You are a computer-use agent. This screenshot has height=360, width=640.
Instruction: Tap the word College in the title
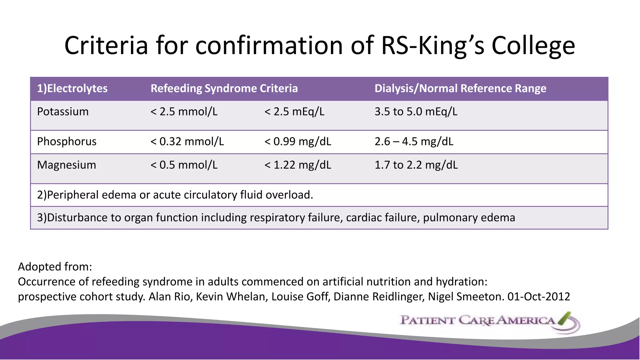pos(533,46)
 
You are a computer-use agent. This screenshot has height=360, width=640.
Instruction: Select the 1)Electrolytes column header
pos(72,88)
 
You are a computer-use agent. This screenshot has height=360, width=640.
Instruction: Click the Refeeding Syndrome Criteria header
pos(224,88)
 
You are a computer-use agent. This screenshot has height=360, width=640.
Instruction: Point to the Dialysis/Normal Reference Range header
pos(460,88)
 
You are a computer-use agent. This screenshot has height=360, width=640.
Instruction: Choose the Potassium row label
pos(63,112)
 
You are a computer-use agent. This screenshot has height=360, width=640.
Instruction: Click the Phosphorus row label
pos(67,142)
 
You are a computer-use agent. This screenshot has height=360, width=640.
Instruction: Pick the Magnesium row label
pos(67,165)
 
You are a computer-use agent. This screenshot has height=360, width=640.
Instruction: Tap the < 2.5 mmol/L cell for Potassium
pos(184,112)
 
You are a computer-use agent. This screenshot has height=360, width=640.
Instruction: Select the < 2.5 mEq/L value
pos(294,112)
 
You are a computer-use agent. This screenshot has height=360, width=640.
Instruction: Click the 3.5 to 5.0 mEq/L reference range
pos(416,112)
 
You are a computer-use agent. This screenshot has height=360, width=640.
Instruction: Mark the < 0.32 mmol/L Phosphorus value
pos(187,142)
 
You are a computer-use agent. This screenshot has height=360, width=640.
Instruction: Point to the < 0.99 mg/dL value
pos(298,142)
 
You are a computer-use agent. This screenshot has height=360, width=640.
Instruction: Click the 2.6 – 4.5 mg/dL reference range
pos(414,142)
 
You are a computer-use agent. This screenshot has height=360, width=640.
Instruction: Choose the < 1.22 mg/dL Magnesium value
pos(298,165)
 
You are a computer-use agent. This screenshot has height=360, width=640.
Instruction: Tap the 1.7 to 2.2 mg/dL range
pos(416,165)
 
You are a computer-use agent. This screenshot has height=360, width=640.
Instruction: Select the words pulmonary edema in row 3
pos(469,217)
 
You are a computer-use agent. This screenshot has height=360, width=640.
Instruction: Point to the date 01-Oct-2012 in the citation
pos(539,296)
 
